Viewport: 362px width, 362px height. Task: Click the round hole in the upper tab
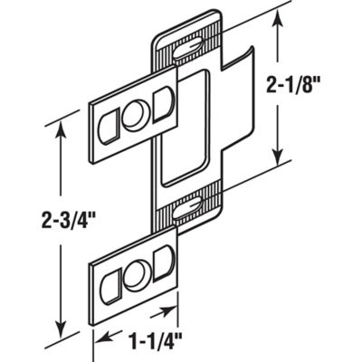coord(133,115)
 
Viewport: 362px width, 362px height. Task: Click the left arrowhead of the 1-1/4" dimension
coord(100,342)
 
